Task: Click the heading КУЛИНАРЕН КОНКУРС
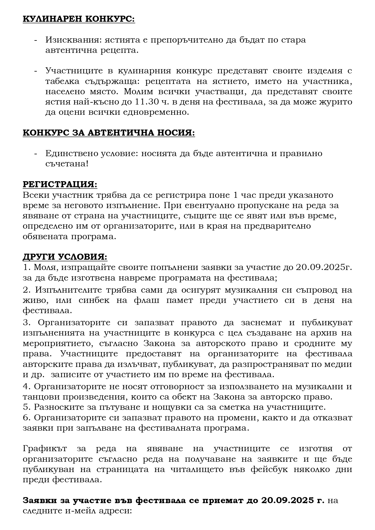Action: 79,19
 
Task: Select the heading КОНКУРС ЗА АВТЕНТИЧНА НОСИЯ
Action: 109,133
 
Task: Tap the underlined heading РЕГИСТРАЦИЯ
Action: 60,185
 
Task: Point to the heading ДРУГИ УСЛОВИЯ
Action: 65,257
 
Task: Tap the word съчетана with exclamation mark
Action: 67,164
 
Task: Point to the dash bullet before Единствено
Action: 36,153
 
